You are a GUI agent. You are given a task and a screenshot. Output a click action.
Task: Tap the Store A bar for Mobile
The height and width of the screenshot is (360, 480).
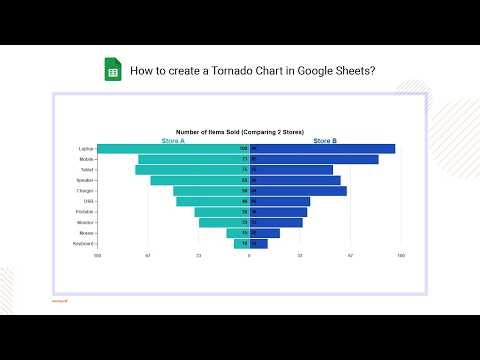click(x=190, y=159)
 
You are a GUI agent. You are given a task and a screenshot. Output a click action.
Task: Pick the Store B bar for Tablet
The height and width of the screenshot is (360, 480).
click(x=293, y=170)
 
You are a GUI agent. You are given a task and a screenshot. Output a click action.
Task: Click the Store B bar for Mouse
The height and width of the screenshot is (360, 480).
click(x=266, y=233)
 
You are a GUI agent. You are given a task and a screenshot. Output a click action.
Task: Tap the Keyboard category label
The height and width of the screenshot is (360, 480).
click(x=84, y=244)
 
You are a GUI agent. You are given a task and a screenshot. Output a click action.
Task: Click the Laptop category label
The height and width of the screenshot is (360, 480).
click(x=87, y=149)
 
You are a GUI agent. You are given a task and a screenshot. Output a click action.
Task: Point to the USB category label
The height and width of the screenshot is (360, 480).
click(x=89, y=202)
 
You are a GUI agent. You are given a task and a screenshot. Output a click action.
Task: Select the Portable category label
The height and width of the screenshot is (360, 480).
click(x=86, y=212)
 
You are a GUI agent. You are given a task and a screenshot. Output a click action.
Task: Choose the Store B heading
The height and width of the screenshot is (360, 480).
click(x=325, y=141)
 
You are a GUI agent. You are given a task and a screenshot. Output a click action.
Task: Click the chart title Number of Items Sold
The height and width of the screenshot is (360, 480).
click(x=231, y=131)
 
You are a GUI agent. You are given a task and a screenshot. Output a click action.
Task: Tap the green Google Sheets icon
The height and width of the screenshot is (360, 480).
click(x=113, y=71)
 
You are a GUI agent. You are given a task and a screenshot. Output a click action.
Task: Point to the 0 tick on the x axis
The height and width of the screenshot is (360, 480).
click(x=249, y=256)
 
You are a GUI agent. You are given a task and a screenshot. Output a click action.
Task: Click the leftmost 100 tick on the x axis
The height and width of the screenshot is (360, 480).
click(x=97, y=256)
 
